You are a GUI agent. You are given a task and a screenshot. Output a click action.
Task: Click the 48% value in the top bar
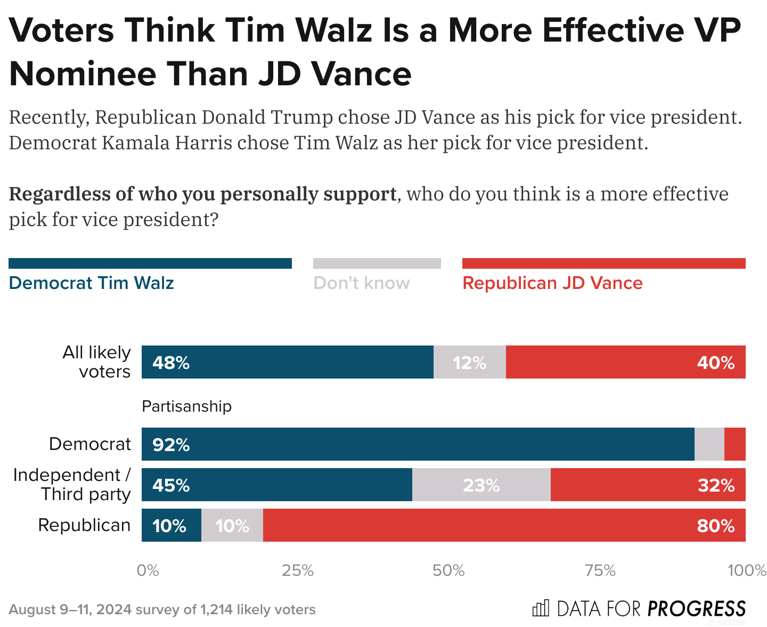pyautogui.click(x=171, y=363)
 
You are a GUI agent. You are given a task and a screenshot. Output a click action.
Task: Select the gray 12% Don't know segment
pyautogui.click(x=469, y=363)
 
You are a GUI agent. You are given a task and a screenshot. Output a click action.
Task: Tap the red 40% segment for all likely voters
pyautogui.click(x=625, y=363)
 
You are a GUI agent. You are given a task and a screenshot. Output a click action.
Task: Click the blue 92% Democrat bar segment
pyautogui.click(x=418, y=444)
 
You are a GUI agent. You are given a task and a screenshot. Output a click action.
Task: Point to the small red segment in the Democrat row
pyautogui.click(x=735, y=444)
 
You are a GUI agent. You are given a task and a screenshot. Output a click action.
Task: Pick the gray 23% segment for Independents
pyautogui.click(x=481, y=485)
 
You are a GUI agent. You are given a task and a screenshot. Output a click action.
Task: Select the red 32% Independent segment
pyautogui.click(x=648, y=485)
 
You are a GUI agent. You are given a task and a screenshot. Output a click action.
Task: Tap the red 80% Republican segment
pyautogui.click(x=504, y=526)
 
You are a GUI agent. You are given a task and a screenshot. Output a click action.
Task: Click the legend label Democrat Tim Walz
pyautogui.click(x=91, y=283)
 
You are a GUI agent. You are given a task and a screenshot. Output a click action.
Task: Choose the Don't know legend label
pyautogui.click(x=362, y=283)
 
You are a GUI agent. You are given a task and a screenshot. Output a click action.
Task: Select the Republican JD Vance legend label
pyautogui.click(x=552, y=283)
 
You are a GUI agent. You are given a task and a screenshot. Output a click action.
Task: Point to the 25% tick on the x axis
pyautogui.click(x=297, y=571)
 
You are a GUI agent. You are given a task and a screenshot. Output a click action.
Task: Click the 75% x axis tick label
pyautogui.click(x=600, y=571)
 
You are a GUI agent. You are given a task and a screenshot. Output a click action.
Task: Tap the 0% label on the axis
pyautogui.click(x=148, y=571)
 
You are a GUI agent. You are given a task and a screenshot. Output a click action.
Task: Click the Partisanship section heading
pyautogui.click(x=186, y=406)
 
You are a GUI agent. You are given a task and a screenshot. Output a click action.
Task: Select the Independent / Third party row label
pyautogui.click(x=72, y=485)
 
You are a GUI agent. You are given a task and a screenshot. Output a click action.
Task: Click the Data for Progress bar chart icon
pyautogui.click(x=541, y=608)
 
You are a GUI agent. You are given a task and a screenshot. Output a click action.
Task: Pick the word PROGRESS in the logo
pyautogui.click(x=697, y=608)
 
